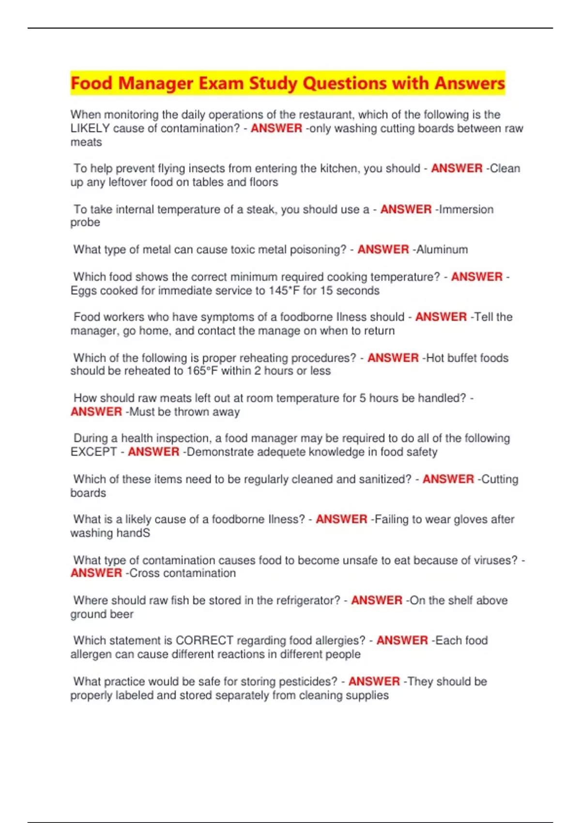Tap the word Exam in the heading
pyautogui.click(x=222, y=83)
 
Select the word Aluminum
pyautogui.click(x=442, y=250)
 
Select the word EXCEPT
pyautogui.click(x=93, y=452)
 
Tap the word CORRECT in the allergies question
pyautogui.click(x=204, y=640)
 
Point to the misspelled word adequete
pyautogui.click(x=281, y=452)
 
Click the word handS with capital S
pyautogui.click(x=134, y=533)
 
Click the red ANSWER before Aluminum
pyautogui.click(x=383, y=250)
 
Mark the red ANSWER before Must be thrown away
pyautogui.click(x=96, y=412)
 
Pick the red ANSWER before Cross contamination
pyautogui.click(x=96, y=573)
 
